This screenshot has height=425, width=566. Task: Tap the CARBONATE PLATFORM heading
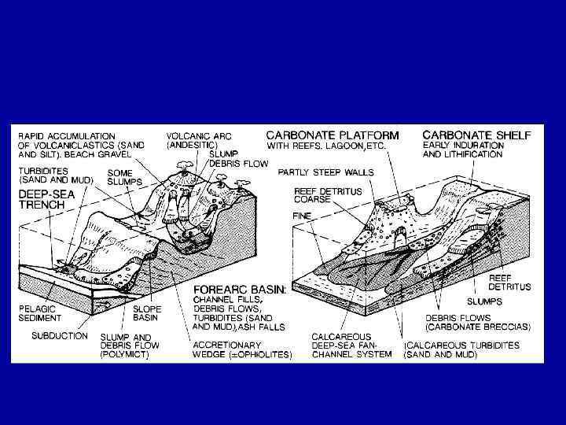[x=333, y=134]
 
